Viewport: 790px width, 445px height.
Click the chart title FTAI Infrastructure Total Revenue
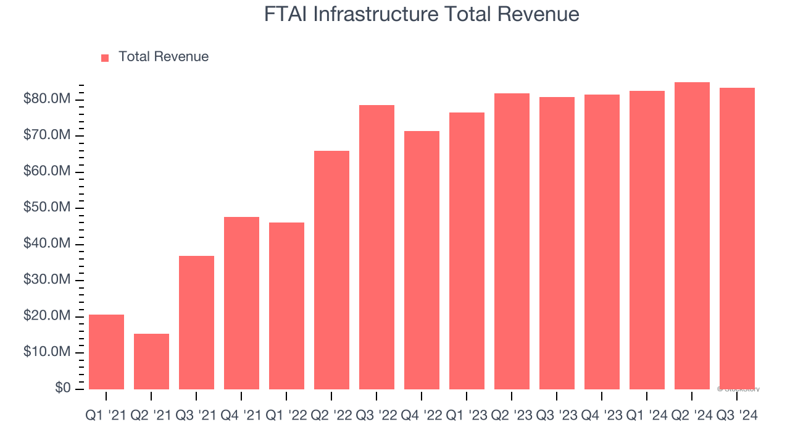pos(422,14)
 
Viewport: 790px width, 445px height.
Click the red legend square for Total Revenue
pos(105,57)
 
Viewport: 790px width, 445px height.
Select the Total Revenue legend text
pos(163,57)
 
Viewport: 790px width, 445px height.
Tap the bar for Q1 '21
pos(106,352)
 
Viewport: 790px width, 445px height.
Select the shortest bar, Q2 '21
pos(151,362)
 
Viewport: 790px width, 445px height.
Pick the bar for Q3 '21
pos(196,322)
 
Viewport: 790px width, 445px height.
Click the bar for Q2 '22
pos(331,269)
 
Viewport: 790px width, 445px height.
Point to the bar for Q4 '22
pos(422,260)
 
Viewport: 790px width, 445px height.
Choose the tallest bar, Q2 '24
pos(692,235)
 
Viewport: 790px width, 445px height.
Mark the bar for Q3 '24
pos(737,238)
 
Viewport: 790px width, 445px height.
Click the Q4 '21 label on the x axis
pos(241,416)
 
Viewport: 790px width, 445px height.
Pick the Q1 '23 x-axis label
pos(467,416)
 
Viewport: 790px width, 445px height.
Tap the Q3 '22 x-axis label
pos(376,416)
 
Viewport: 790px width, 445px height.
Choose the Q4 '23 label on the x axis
pos(602,416)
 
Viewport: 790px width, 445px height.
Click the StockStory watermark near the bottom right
pos(738,389)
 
